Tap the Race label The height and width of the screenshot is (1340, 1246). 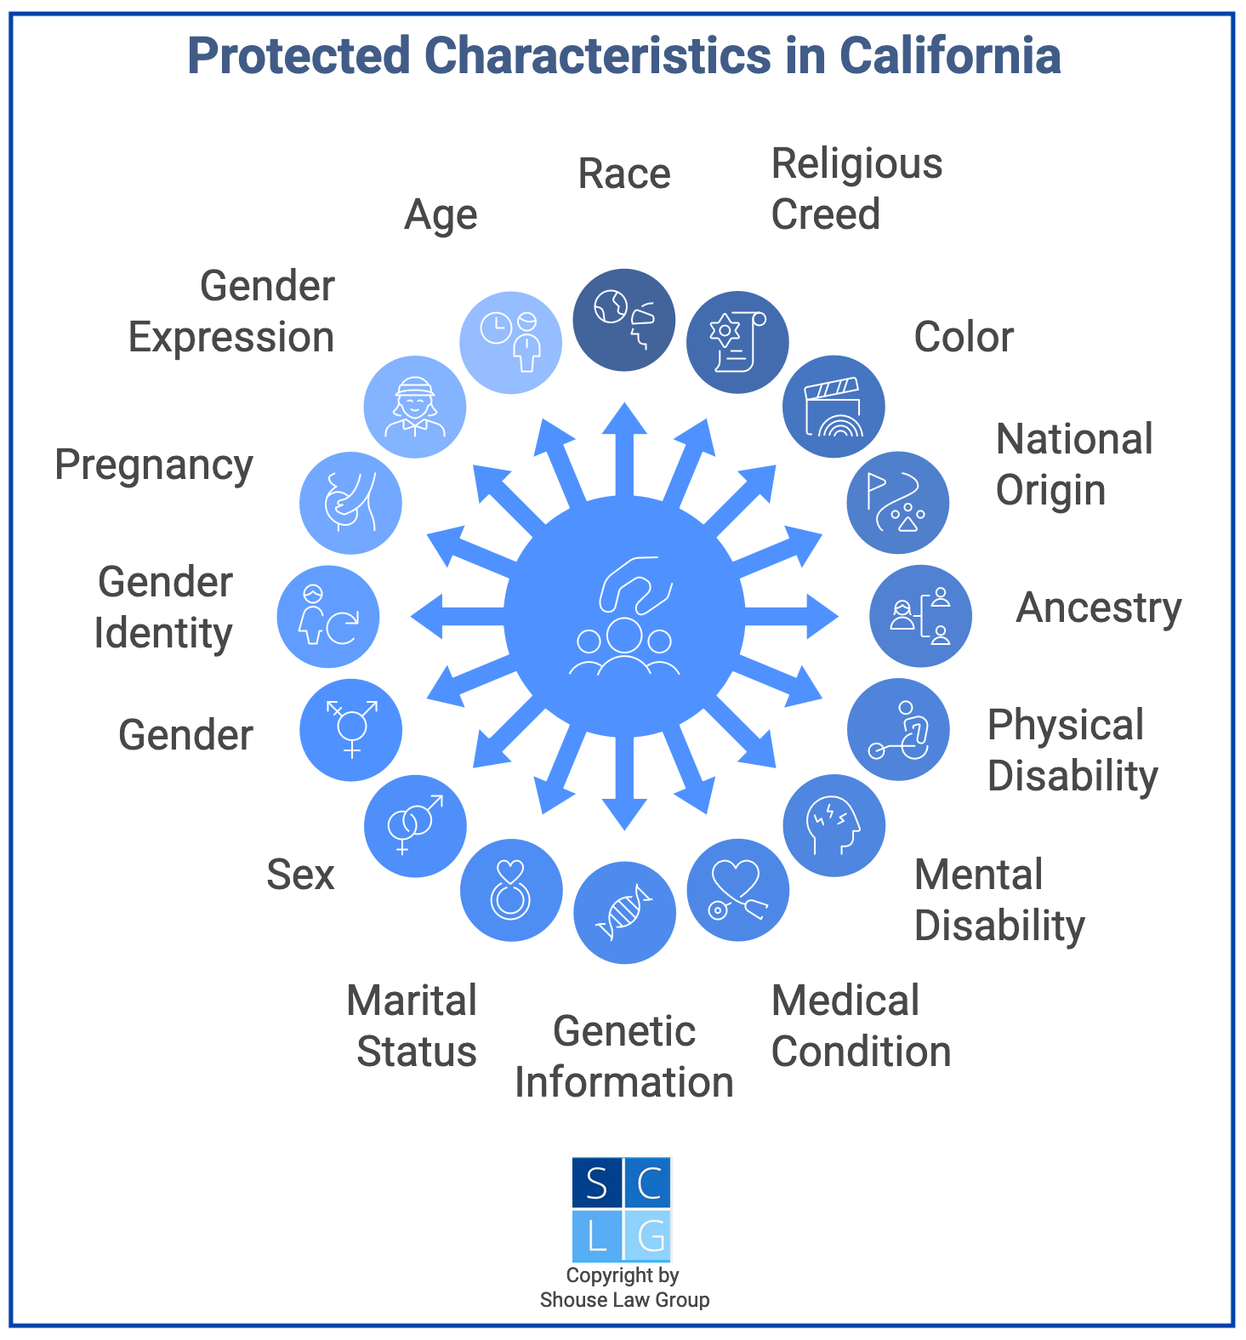coord(624,174)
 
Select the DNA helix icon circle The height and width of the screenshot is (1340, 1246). coord(624,913)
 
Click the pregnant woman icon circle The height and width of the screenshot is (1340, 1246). coord(350,503)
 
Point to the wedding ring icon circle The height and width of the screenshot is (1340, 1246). coord(511,890)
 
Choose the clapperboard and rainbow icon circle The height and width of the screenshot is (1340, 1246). coord(834,407)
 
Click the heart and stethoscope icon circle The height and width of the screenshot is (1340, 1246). coord(737,890)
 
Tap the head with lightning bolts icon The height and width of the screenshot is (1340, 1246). coord(834,825)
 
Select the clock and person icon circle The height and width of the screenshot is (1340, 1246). coord(510,343)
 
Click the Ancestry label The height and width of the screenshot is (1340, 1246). coord(1099,608)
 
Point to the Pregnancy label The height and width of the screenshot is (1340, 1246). coord(154,465)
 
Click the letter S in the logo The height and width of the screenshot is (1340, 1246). coord(597,1183)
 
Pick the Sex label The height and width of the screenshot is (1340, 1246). coord(300,875)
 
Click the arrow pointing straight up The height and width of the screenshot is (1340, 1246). coord(624,447)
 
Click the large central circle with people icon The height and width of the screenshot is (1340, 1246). coord(624,616)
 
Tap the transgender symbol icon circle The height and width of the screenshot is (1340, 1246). coord(350,730)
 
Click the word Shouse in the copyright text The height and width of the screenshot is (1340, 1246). coord(569,1300)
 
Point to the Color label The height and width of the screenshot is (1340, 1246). coord(964,338)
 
